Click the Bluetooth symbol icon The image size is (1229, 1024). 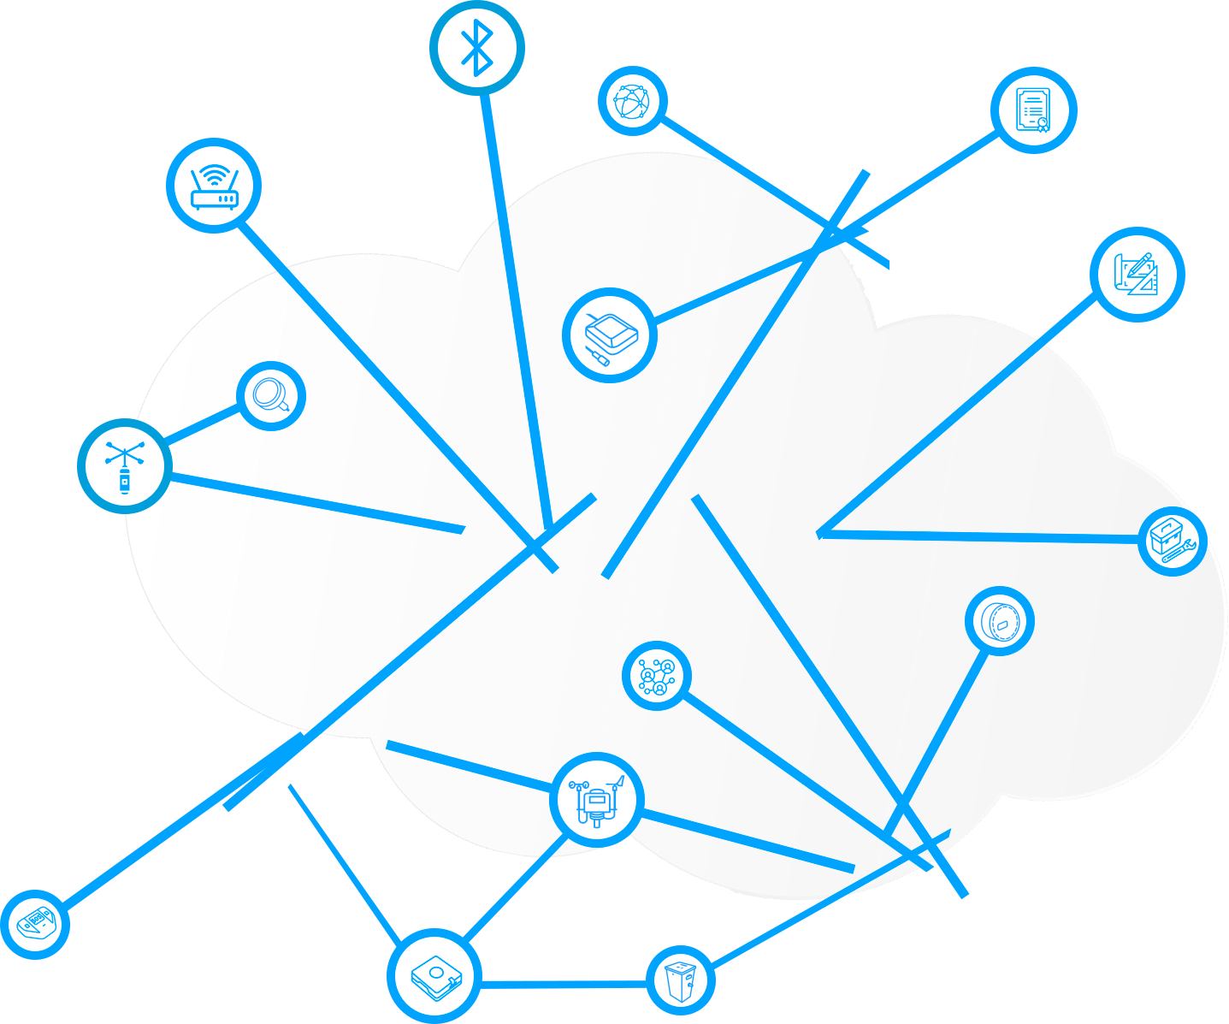(x=476, y=47)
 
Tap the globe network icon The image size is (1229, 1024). (x=633, y=101)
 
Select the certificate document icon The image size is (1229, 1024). (x=1033, y=110)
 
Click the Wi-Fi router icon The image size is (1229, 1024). (x=213, y=186)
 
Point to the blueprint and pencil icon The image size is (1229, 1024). (x=1138, y=274)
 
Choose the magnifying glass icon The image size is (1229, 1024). (x=271, y=396)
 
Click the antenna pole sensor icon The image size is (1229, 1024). (x=125, y=466)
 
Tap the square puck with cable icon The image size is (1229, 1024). (x=610, y=334)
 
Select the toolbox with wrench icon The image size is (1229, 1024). (x=1172, y=541)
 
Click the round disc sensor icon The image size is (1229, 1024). (x=999, y=621)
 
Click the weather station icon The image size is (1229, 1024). (x=597, y=800)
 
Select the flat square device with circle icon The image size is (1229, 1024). (x=435, y=976)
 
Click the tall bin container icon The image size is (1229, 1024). (x=680, y=980)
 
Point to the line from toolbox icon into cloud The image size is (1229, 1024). (x=984, y=536)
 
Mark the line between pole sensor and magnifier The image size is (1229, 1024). (x=202, y=425)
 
